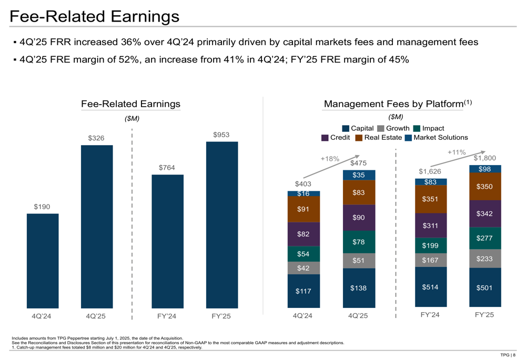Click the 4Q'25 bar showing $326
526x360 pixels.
click(x=97, y=227)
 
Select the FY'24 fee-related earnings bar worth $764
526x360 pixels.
click(x=168, y=241)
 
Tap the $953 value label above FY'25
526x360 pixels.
click(x=221, y=135)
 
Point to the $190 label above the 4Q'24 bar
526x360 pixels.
click(x=42, y=207)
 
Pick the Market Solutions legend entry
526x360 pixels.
click(x=436, y=138)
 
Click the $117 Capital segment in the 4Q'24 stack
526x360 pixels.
click(x=304, y=291)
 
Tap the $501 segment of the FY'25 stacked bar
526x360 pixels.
click(x=485, y=287)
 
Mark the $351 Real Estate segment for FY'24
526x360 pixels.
click(x=431, y=199)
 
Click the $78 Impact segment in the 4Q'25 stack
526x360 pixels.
click(x=359, y=242)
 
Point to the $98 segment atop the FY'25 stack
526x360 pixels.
click(x=485, y=169)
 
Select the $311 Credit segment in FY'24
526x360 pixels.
click(x=431, y=226)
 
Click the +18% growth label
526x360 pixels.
click(x=330, y=158)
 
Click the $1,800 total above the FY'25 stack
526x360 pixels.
click(x=485, y=158)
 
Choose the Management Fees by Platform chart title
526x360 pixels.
click(x=393, y=104)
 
